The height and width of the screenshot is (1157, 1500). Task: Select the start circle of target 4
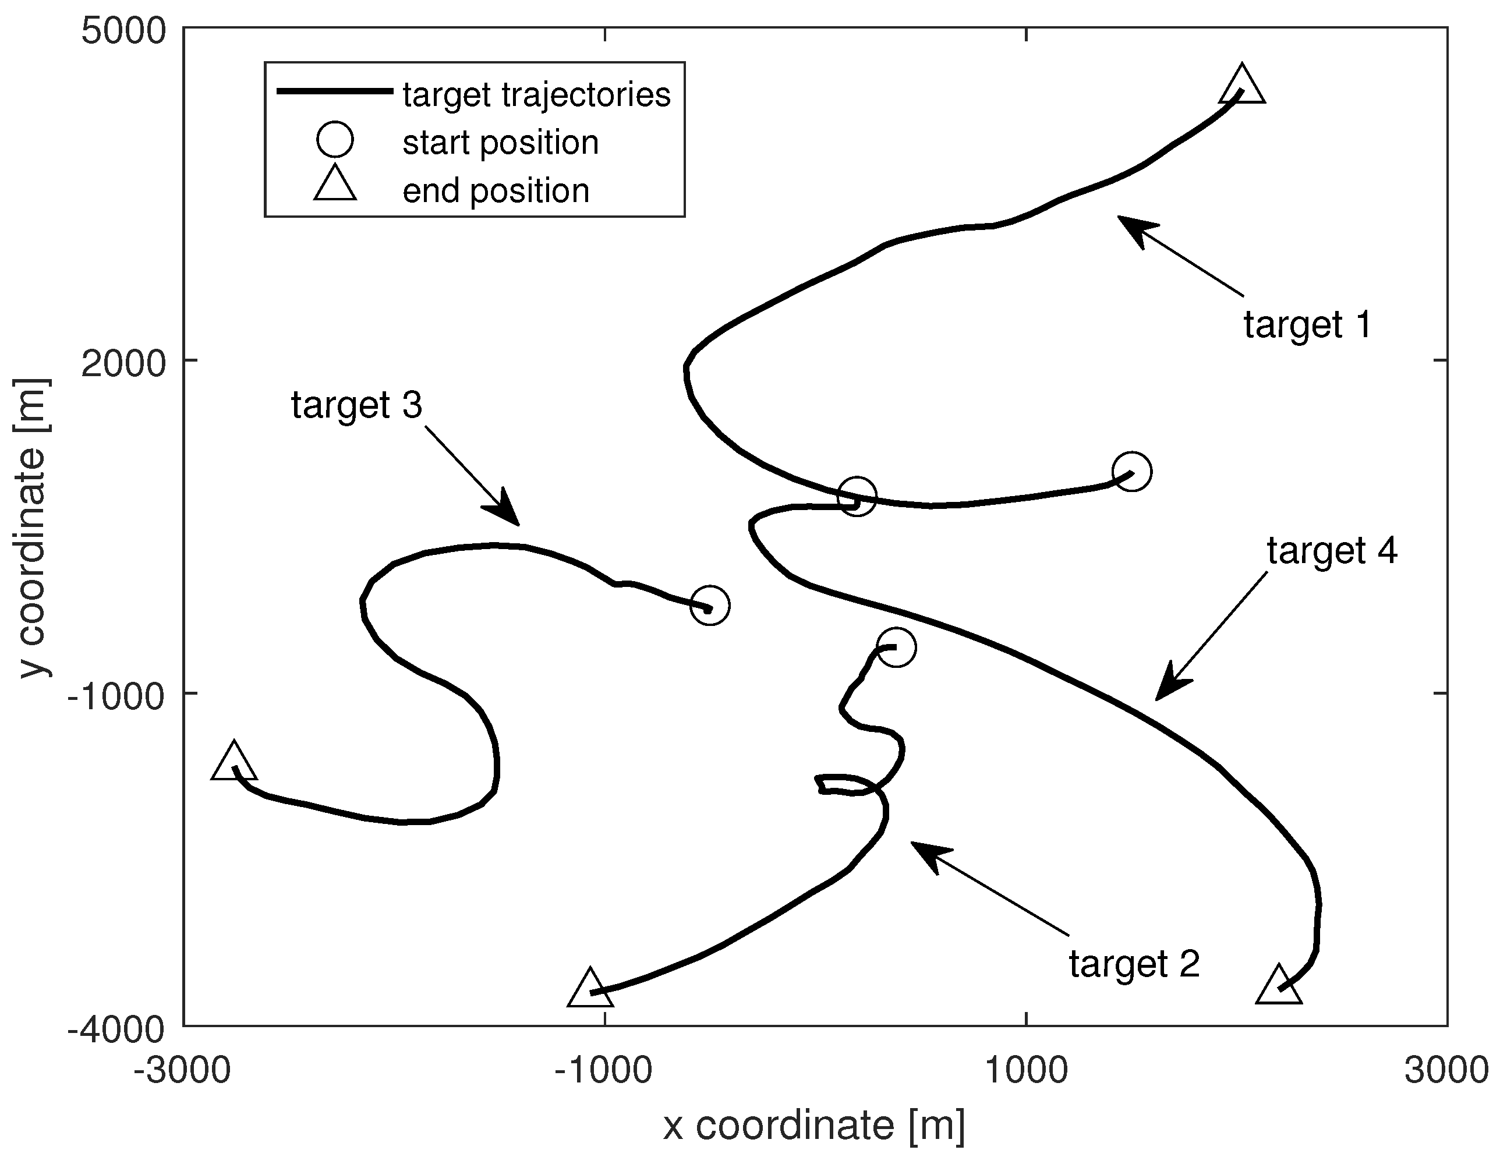tap(857, 495)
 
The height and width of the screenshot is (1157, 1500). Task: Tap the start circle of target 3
tap(709, 606)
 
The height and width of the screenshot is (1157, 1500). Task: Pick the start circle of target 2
tap(896, 647)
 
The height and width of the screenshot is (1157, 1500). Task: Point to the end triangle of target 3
tap(234, 763)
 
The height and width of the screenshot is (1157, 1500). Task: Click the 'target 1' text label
tap(1308, 325)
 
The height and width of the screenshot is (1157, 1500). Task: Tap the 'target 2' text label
tap(1134, 964)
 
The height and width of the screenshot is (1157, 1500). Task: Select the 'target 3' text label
tap(356, 405)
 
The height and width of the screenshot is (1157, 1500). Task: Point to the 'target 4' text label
tap(1332, 551)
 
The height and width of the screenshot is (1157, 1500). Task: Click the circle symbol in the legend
tap(334, 140)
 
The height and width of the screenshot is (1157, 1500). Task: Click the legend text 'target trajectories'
tap(536, 95)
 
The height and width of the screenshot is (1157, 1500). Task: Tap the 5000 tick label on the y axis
tap(123, 32)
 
